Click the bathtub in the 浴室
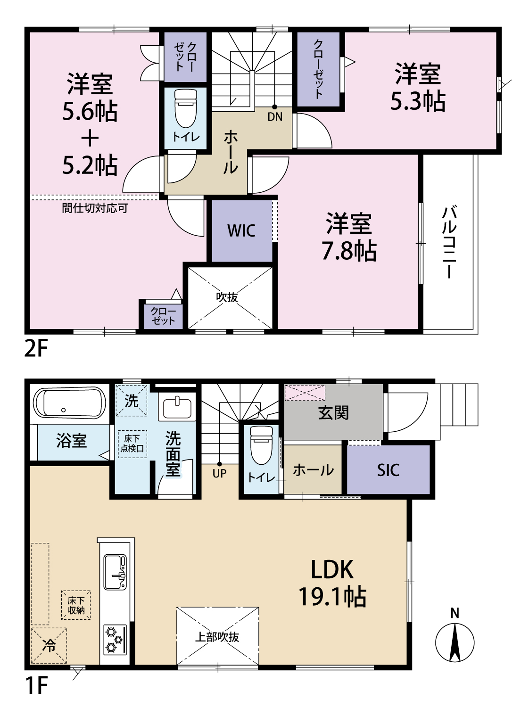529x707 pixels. pyautogui.click(x=70, y=403)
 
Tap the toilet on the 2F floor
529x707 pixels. pyautogui.click(x=185, y=108)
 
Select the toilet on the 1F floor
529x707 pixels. pyautogui.click(x=261, y=445)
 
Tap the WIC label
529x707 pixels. pyautogui.click(x=241, y=230)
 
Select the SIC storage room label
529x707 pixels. pyautogui.click(x=388, y=470)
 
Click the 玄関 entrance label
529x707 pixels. pyautogui.click(x=333, y=413)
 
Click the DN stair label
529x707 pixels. pyautogui.click(x=275, y=117)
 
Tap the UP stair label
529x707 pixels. pyautogui.click(x=219, y=473)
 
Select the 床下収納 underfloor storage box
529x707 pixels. pyautogui.click(x=76, y=605)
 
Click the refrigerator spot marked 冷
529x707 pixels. pyautogui.click(x=49, y=645)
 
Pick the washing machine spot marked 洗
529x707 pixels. pyautogui.click(x=131, y=401)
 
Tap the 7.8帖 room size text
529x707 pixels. pyautogui.click(x=349, y=251)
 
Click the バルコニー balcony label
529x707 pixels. pyautogui.click(x=449, y=242)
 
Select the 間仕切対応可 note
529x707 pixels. pyautogui.click(x=95, y=208)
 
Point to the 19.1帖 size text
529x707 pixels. pyautogui.click(x=332, y=597)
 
